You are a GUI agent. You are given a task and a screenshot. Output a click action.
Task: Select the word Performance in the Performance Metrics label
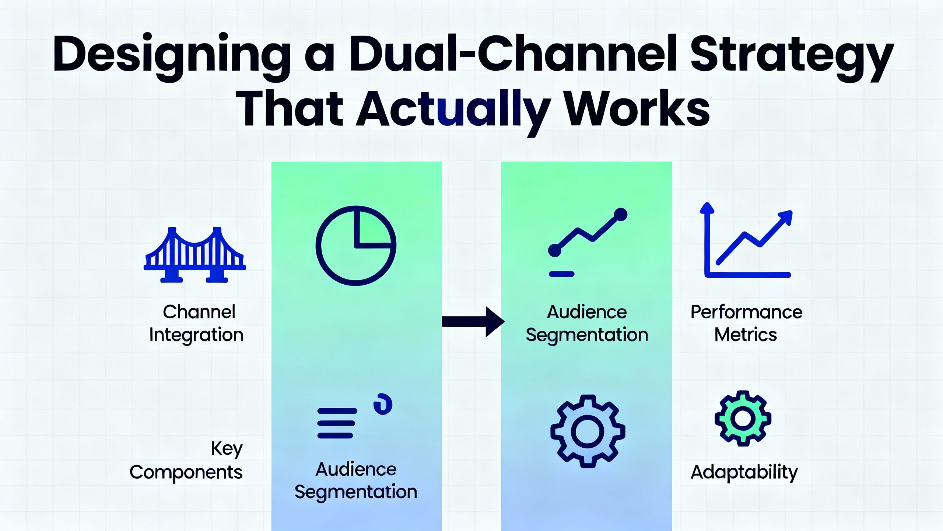746,312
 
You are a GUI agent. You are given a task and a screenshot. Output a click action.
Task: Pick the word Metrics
746,335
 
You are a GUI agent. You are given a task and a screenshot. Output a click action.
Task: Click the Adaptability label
744,472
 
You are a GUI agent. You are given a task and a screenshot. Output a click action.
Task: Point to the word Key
227,449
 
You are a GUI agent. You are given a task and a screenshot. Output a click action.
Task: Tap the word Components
186,472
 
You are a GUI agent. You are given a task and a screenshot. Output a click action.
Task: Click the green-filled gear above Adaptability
743,418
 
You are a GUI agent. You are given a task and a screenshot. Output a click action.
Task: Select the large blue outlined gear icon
588,431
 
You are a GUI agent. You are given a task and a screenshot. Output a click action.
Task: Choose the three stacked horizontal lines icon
337,423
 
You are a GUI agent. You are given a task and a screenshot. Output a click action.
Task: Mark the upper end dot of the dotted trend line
621,215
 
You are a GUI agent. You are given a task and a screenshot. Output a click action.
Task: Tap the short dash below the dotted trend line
561,274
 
